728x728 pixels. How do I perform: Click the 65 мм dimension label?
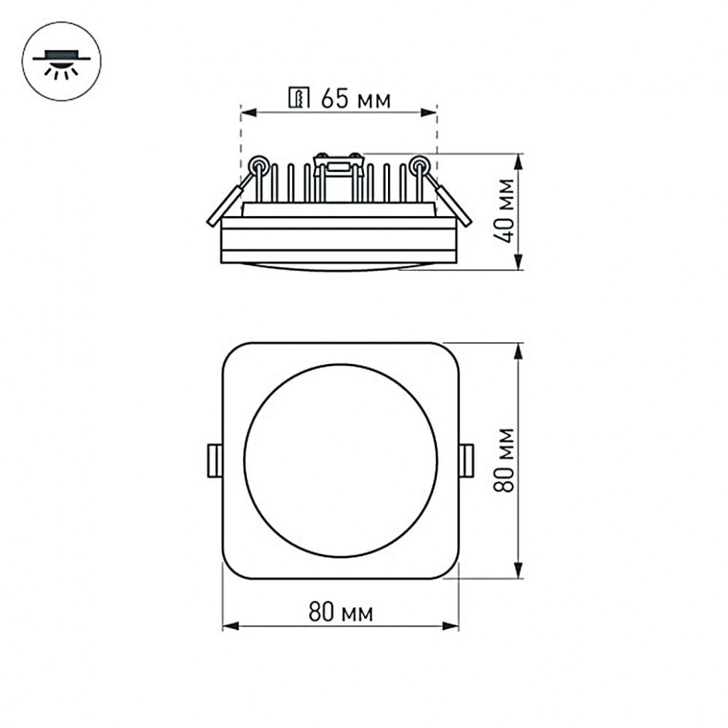coord(355,98)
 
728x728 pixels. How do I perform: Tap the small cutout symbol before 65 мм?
coord(299,98)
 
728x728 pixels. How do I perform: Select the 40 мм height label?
coord(508,210)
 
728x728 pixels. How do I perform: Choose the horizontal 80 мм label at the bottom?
coord(340,613)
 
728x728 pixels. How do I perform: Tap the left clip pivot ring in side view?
coord(258,164)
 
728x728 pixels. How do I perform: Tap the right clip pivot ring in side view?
coord(420,164)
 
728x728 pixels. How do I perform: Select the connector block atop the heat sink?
coord(337,161)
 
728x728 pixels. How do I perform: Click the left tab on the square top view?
coord(214,460)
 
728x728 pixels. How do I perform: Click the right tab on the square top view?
coord(466,460)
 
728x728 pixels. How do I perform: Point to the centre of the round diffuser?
coord(340,460)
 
